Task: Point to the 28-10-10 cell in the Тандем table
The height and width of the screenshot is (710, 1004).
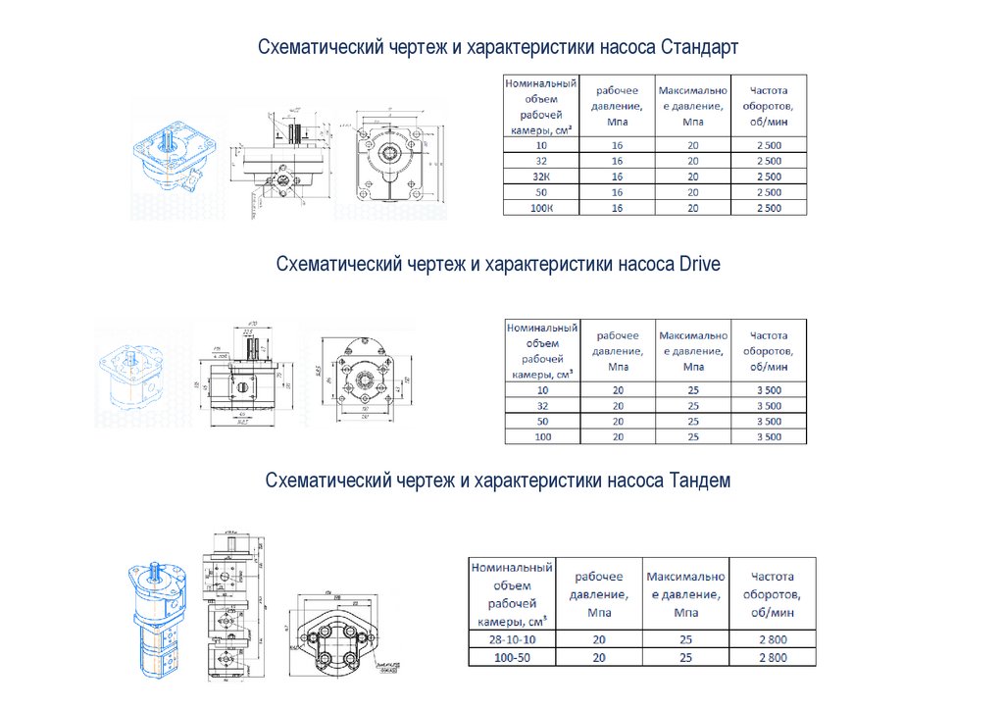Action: [512, 639]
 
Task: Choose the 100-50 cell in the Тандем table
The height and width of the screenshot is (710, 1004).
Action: [512, 658]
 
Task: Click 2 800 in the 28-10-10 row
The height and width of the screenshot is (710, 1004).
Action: [773, 639]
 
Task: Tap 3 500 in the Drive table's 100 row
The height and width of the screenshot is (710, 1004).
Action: [768, 436]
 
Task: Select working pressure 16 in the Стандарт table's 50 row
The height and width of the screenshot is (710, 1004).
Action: [618, 192]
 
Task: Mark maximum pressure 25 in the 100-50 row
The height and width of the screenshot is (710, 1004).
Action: [685, 658]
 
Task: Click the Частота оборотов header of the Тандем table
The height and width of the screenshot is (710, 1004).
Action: [773, 594]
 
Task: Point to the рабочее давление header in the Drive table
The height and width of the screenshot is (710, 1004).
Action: [618, 351]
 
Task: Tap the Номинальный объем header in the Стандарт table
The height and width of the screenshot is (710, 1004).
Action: [541, 106]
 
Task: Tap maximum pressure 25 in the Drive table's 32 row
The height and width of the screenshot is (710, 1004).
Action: [693, 405]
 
